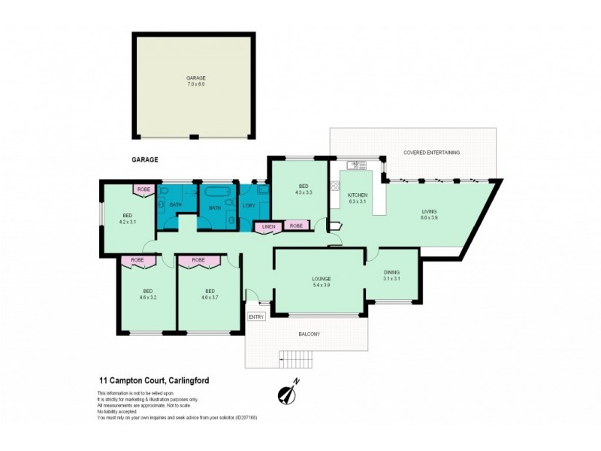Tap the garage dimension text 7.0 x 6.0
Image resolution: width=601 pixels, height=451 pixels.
click(x=195, y=84)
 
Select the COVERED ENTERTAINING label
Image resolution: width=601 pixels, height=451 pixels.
click(x=431, y=153)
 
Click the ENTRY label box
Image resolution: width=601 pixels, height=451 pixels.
click(x=256, y=316)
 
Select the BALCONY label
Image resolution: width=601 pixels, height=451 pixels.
click(x=309, y=334)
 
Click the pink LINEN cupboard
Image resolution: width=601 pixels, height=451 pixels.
click(x=268, y=225)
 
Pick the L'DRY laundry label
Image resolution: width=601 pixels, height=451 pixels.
click(x=248, y=207)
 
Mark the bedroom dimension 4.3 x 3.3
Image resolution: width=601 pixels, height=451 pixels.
click(x=303, y=193)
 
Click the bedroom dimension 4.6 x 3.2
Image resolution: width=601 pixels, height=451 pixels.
click(x=147, y=298)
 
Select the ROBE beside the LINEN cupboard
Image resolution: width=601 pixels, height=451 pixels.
click(x=296, y=225)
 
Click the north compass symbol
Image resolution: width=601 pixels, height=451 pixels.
click(x=287, y=392)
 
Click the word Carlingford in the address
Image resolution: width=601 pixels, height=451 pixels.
click(x=183, y=381)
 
